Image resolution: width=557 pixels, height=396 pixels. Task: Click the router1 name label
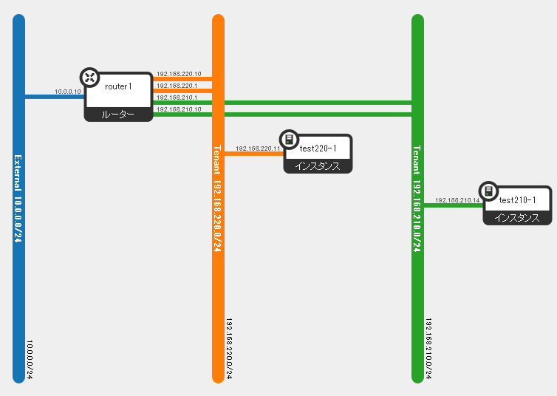(118, 86)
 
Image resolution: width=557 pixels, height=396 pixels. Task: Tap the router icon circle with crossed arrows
(90, 78)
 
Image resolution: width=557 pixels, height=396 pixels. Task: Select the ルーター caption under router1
(118, 115)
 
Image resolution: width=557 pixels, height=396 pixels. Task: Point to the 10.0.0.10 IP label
(67, 92)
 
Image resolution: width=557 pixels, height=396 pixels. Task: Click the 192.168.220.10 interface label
(179, 74)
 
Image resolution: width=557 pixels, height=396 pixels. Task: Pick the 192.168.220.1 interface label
(177, 86)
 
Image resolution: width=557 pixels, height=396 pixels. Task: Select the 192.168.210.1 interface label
(177, 98)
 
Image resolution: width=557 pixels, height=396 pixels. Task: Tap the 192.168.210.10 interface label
(179, 109)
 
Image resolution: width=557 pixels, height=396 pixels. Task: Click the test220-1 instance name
(318, 148)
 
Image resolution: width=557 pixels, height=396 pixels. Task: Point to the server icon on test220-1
(289, 139)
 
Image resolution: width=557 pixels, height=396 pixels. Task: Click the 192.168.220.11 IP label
(258, 148)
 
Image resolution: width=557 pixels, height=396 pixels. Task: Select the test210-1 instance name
(517, 200)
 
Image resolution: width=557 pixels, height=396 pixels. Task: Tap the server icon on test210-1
(489, 191)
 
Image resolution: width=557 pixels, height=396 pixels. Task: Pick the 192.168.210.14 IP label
(457, 200)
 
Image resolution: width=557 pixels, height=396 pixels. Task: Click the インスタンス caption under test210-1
(517, 217)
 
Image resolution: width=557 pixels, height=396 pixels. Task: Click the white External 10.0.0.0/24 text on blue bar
(18, 199)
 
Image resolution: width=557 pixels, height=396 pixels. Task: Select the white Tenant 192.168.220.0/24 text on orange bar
(217, 199)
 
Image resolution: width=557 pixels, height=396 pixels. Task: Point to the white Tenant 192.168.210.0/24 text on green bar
(417, 199)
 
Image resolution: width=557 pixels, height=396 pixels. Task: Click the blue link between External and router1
(55, 97)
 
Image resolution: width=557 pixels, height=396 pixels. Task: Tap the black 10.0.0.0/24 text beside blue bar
(30, 359)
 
